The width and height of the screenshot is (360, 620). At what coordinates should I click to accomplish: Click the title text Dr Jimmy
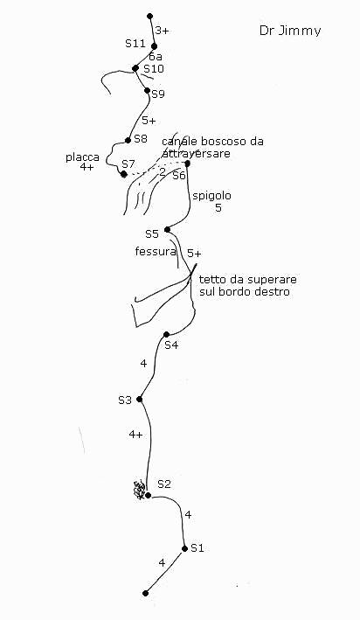click(x=290, y=31)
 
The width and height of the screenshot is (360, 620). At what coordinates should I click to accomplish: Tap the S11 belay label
click(x=135, y=43)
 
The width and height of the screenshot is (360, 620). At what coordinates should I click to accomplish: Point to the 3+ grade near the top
click(x=162, y=31)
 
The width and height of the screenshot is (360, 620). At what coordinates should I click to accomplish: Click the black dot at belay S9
click(x=147, y=91)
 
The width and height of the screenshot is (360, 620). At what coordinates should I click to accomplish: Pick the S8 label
click(x=141, y=139)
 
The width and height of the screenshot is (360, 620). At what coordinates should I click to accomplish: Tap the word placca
click(x=82, y=157)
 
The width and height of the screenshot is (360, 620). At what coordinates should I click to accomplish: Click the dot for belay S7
click(x=124, y=174)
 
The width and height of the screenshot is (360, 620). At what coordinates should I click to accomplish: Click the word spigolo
click(x=211, y=196)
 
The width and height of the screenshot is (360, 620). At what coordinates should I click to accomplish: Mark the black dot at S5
click(x=167, y=229)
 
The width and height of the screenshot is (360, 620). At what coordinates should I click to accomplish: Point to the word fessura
click(x=156, y=252)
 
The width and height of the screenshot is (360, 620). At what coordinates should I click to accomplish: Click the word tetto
click(x=211, y=280)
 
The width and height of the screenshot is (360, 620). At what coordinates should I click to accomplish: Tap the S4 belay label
click(x=171, y=345)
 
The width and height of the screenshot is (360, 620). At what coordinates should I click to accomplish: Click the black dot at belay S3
click(x=139, y=399)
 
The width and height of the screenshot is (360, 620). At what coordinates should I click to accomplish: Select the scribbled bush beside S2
click(x=139, y=490)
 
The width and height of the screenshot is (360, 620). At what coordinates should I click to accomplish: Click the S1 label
click(x=197, y=548)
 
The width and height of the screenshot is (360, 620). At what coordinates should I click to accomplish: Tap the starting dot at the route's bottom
click(x=145, y=593)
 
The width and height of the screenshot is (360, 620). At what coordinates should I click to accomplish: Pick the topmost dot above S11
click(x=149, y=17)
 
